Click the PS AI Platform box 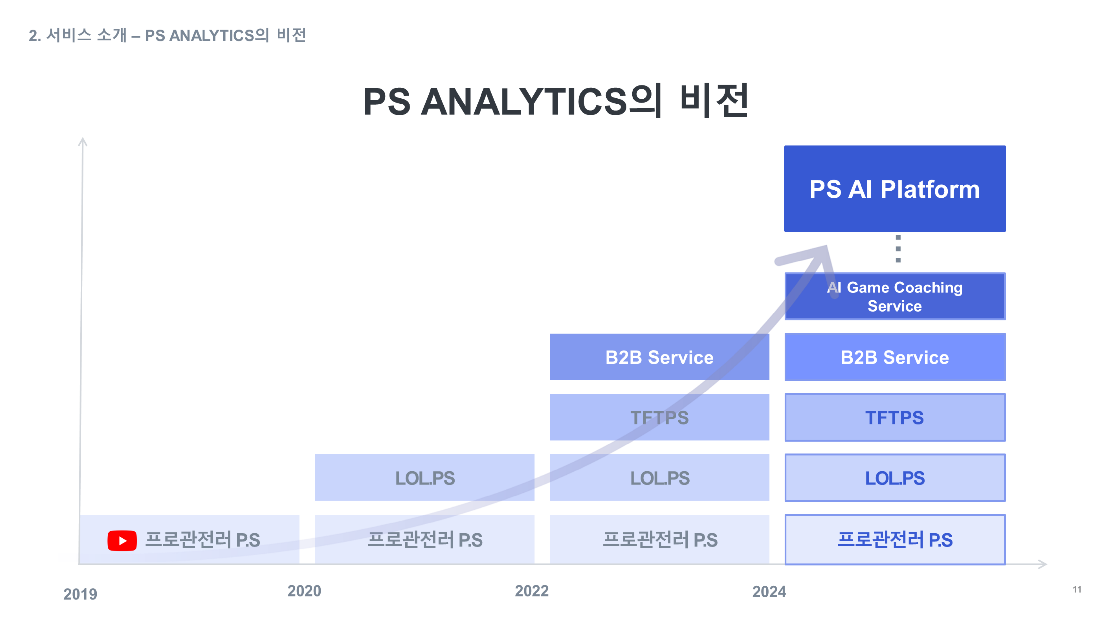[894, 189]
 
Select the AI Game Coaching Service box [894, 296]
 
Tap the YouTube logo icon [122, 541]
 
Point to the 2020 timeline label [304, 591]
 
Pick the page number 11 [1077, 589]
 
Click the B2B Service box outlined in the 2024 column [894, 357]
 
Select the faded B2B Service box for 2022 [659, 357]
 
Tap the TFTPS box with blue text [894, 417]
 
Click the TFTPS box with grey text [659, 417]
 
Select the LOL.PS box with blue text [894, 478]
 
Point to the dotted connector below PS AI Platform [898, 249]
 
